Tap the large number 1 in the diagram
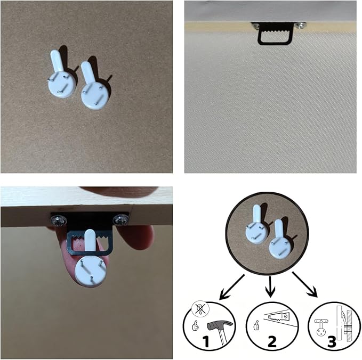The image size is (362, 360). [206, 341]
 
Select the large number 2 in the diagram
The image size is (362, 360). [272, 341]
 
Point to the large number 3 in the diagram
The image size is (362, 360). [332, 341]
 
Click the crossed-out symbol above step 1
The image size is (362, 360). [200, 309]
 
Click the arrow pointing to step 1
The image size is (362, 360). [231, 287]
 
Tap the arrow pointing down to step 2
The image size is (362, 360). [270, 287]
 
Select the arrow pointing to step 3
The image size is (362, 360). [305, 285]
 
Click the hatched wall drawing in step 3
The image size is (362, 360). [348, 325]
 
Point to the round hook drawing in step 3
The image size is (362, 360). [320, 328]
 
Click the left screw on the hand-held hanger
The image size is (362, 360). [58, 220]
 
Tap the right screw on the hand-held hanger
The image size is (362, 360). [120, 219]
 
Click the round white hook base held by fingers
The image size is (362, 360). [90, 271]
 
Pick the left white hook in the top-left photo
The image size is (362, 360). [61, 75]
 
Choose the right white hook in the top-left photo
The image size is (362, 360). [93, 86]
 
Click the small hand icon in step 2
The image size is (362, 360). [256, 326]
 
